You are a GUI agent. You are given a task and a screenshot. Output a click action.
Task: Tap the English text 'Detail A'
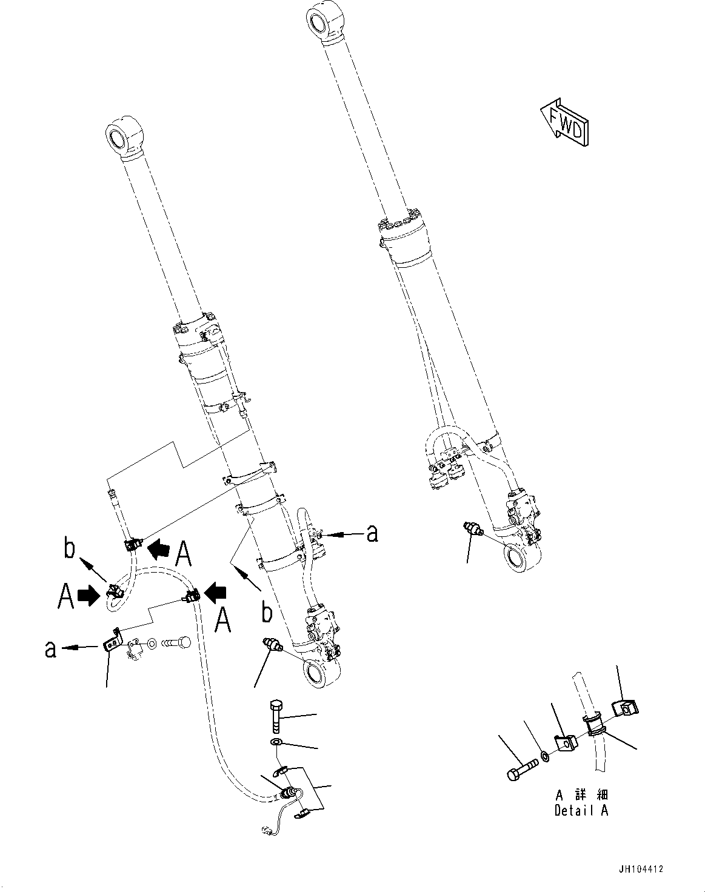[x=581, y=810]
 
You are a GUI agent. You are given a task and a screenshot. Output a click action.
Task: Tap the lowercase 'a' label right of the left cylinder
[x=372, y=533]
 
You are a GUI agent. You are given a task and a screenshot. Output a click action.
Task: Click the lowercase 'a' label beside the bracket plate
[x=51, y=648]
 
